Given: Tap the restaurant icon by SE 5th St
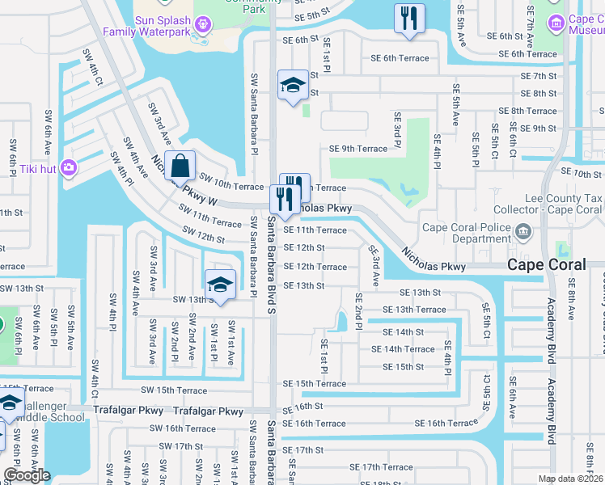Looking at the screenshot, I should [x=408, y=18].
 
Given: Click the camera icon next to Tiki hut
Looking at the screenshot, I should [x=70, y=167].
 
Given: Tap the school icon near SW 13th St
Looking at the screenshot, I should [x=219, y=285].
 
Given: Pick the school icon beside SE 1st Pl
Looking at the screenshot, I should [x=292, y=86].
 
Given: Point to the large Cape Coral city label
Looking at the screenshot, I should [x=555, y=265].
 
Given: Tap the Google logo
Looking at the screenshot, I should [x=26, y=475].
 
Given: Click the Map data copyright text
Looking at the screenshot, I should [x=570, y=479].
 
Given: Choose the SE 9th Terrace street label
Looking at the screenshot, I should [x=358, y=149].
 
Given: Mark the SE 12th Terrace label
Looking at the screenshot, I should [x=315, y=267].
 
